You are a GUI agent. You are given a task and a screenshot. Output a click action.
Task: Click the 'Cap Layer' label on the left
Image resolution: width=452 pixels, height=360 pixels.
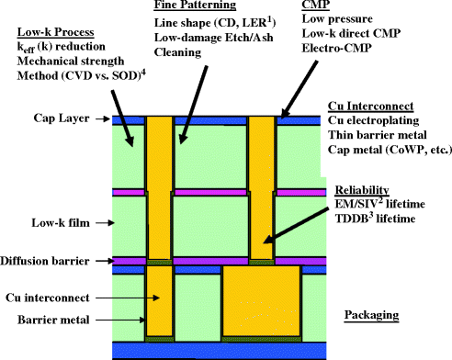(52, 117)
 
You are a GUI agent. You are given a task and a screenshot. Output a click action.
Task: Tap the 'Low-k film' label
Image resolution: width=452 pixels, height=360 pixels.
(51, 222)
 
